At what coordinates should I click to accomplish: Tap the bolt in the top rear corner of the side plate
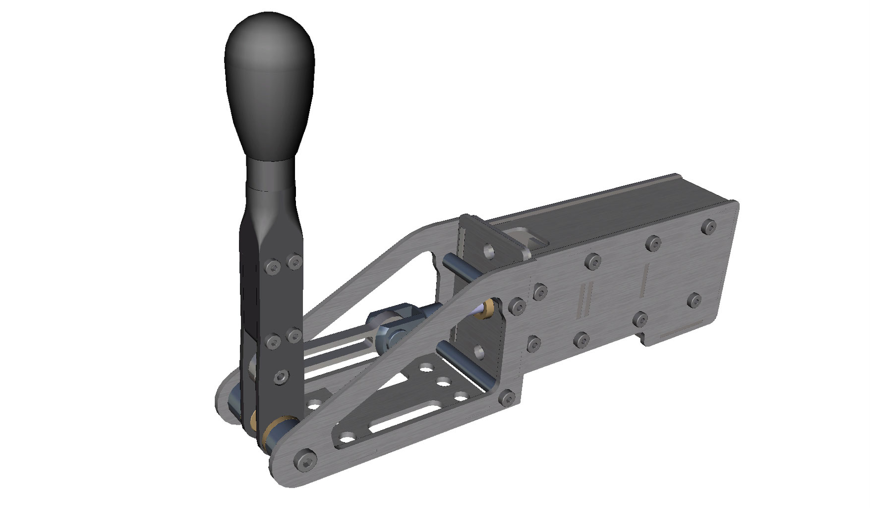(x=709, y=227)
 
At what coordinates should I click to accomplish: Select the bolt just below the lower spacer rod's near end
(x=506, y=396)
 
